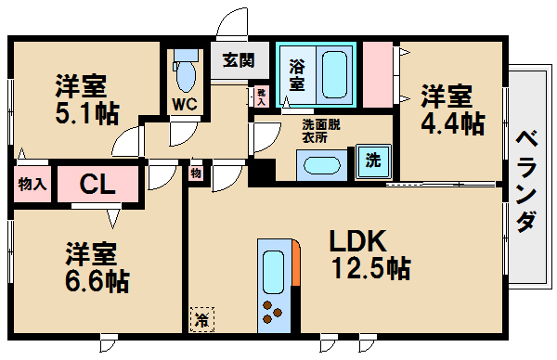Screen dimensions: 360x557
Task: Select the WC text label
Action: (184, 104)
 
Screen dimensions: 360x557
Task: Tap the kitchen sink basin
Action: (275, 270)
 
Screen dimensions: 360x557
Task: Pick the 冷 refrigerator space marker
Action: (201, 320)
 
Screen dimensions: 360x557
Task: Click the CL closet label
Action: (97, 183)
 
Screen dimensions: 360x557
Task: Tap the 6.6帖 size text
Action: (97, 279)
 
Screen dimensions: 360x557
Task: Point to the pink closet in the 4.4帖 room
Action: (379, 75)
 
